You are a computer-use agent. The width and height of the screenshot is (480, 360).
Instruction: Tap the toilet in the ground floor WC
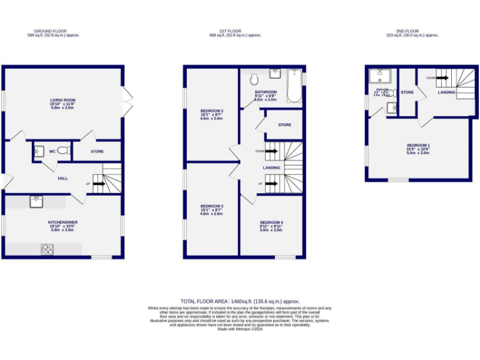coord(62,151)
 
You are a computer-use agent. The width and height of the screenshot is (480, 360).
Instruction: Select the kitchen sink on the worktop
coord(35,200)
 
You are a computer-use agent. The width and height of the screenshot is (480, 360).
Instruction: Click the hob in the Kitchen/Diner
coord(47,249)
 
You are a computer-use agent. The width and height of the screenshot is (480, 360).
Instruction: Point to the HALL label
coord(62,178)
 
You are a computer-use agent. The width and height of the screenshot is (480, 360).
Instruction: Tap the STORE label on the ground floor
coord(97,151)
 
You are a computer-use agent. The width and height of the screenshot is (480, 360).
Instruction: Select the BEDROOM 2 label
coord(212,111)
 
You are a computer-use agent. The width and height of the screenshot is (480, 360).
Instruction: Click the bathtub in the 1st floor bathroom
coord(293,86)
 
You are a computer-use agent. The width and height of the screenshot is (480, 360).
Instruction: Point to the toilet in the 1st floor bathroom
coord(254,80)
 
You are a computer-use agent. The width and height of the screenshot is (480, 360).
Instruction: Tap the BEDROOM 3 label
coord(212,206)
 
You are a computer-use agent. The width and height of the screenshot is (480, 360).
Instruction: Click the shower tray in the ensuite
coord(379,76)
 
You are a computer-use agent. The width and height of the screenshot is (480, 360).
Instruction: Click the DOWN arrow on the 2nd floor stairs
coord(441,78)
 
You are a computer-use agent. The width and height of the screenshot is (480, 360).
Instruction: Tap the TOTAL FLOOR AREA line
coord(240,301)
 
